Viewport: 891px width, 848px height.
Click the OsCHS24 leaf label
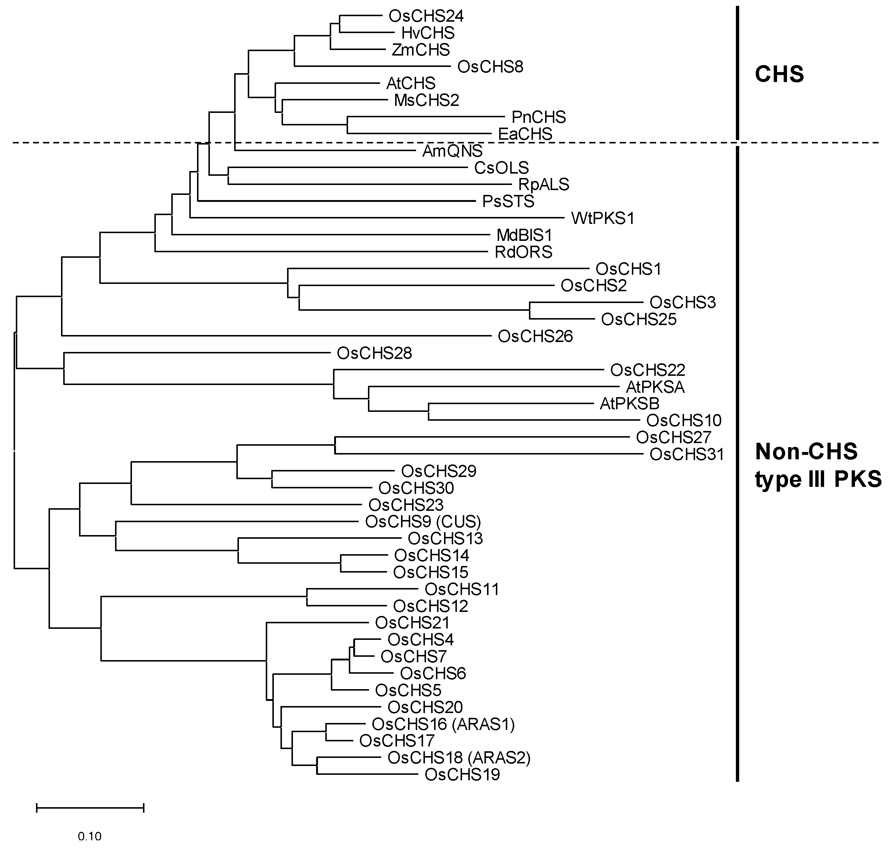click(426, 16)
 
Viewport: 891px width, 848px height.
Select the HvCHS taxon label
click(428, 33)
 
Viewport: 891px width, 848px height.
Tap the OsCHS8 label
click(490, 67)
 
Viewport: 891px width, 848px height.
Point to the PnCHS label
click(538, 118)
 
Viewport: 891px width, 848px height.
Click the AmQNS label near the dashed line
click(452, 151)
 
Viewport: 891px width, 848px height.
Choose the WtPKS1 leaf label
click(603, 218)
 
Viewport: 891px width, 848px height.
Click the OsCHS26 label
click(536, 336)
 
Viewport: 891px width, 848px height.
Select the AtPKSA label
click(655, 387)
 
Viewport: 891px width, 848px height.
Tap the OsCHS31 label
click(687, 454)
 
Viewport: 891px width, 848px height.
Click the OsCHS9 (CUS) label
click(423, 522)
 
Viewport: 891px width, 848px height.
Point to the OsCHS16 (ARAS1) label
click(443, 724)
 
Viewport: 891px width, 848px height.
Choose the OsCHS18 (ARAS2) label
click(459, 758)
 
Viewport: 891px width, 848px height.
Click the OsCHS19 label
click(462, 775)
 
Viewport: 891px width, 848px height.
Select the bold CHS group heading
click(779, 74)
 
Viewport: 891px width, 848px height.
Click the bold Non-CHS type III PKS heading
click(818, 465)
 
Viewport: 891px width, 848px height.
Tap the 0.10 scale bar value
click(89, 836)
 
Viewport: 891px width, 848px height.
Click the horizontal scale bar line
click(90, 808)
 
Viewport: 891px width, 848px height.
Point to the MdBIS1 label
click(524, 235)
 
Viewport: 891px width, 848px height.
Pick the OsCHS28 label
click(374, 353)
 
